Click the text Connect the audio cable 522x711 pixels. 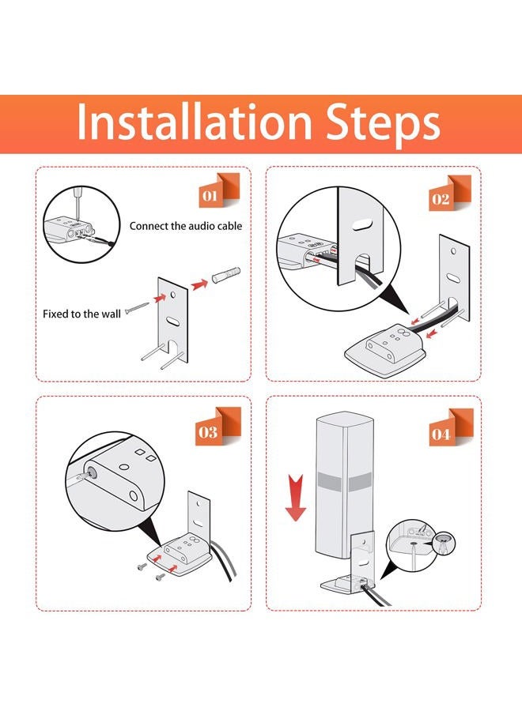click(x=186, y=226)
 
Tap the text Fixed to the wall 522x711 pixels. click(x=81, y=314)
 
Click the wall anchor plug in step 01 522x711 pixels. click(x=225, y=275)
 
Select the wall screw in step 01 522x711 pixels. click(x=137, y=308)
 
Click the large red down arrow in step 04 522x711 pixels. click(x=295, y=497)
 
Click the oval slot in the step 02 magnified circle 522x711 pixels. click(x=363, y=225)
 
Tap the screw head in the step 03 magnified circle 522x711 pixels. click(x=93, y=472)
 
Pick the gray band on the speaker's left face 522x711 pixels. click(x=329, y=482)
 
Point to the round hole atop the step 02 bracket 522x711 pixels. click(x=453, y=250)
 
